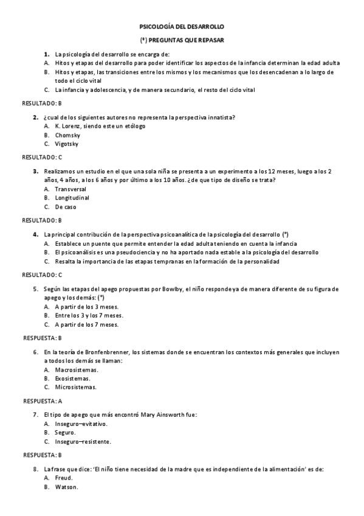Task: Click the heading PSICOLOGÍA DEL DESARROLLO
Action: click(x=182, y=27)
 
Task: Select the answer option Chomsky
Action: click(x=67, y=135)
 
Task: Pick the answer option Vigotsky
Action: click(x=67, y=144)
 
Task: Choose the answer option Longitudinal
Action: click(x=72, y=198)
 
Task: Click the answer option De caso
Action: click(x=66, y=207)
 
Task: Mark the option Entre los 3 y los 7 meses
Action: click(x=89, y=316)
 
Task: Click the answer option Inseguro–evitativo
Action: click(x=81, y=424)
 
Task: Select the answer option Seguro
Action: click(x=65, y=433)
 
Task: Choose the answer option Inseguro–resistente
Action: click(x=83, y=441)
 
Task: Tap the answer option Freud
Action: click(x=63, y=478)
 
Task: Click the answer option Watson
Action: click(x=66, y=487)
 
